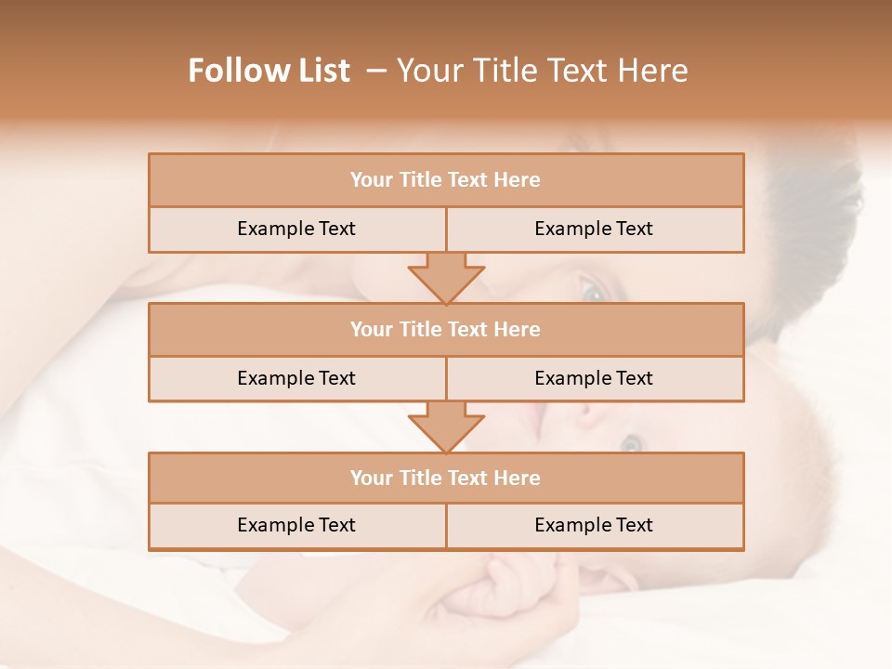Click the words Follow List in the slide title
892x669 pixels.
269,71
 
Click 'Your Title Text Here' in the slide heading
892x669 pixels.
542,71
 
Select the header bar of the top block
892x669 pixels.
446,180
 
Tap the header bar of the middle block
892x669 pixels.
446,329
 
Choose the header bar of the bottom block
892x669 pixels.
446,478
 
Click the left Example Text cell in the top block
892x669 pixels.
296,229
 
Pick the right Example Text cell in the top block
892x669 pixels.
594,229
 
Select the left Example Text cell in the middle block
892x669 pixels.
296,378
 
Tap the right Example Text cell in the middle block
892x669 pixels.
594,378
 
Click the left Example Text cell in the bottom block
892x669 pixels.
296,525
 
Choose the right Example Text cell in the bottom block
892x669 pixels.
594,525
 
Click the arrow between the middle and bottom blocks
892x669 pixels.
446,426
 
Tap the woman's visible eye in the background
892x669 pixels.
591,291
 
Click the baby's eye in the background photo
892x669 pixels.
631,444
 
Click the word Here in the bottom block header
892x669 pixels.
517,478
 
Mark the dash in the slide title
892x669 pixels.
376,71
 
